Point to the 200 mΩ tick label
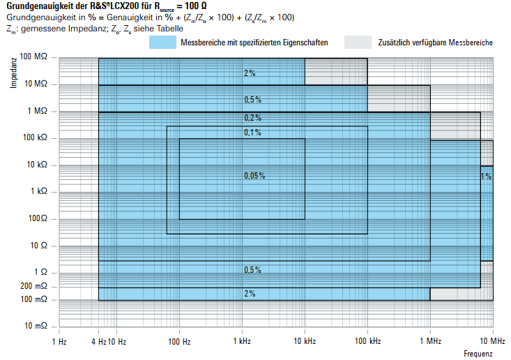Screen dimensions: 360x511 (34, 287)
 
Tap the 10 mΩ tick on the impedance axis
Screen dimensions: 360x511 (36, 326)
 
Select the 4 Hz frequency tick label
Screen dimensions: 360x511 (98, 341)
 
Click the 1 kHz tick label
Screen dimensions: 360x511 (241, 341)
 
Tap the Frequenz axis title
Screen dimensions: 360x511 (478, 354)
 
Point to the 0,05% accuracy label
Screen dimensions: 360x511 (254, 176)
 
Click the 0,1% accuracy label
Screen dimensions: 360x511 (252, 133)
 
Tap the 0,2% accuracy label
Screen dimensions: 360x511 (252, 117)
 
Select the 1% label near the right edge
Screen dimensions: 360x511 (486, 177)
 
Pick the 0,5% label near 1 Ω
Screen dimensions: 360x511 (252, 269)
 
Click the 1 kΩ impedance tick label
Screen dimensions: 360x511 (38, 191)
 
